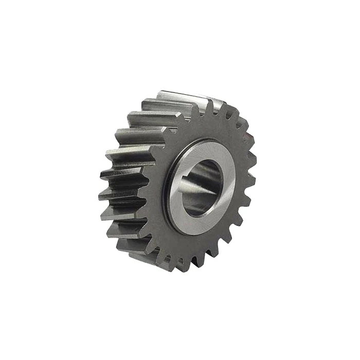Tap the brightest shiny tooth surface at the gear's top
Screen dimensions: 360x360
pos(170,98)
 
